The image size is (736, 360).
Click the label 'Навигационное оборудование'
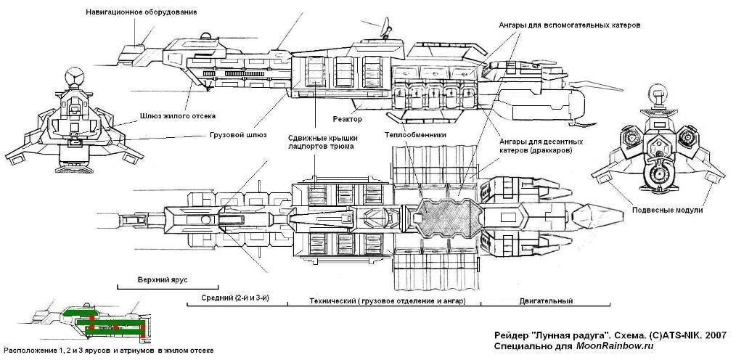(141, 12)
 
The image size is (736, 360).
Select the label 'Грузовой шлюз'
(237, 135)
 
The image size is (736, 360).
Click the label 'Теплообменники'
(415, 135)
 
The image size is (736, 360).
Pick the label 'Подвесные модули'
(668, 210)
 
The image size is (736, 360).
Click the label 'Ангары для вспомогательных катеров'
(569, 25)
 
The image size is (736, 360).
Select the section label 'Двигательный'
(547, 301)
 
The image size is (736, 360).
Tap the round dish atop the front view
(74, 75)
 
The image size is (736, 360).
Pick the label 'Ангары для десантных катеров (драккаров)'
(539, 145)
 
